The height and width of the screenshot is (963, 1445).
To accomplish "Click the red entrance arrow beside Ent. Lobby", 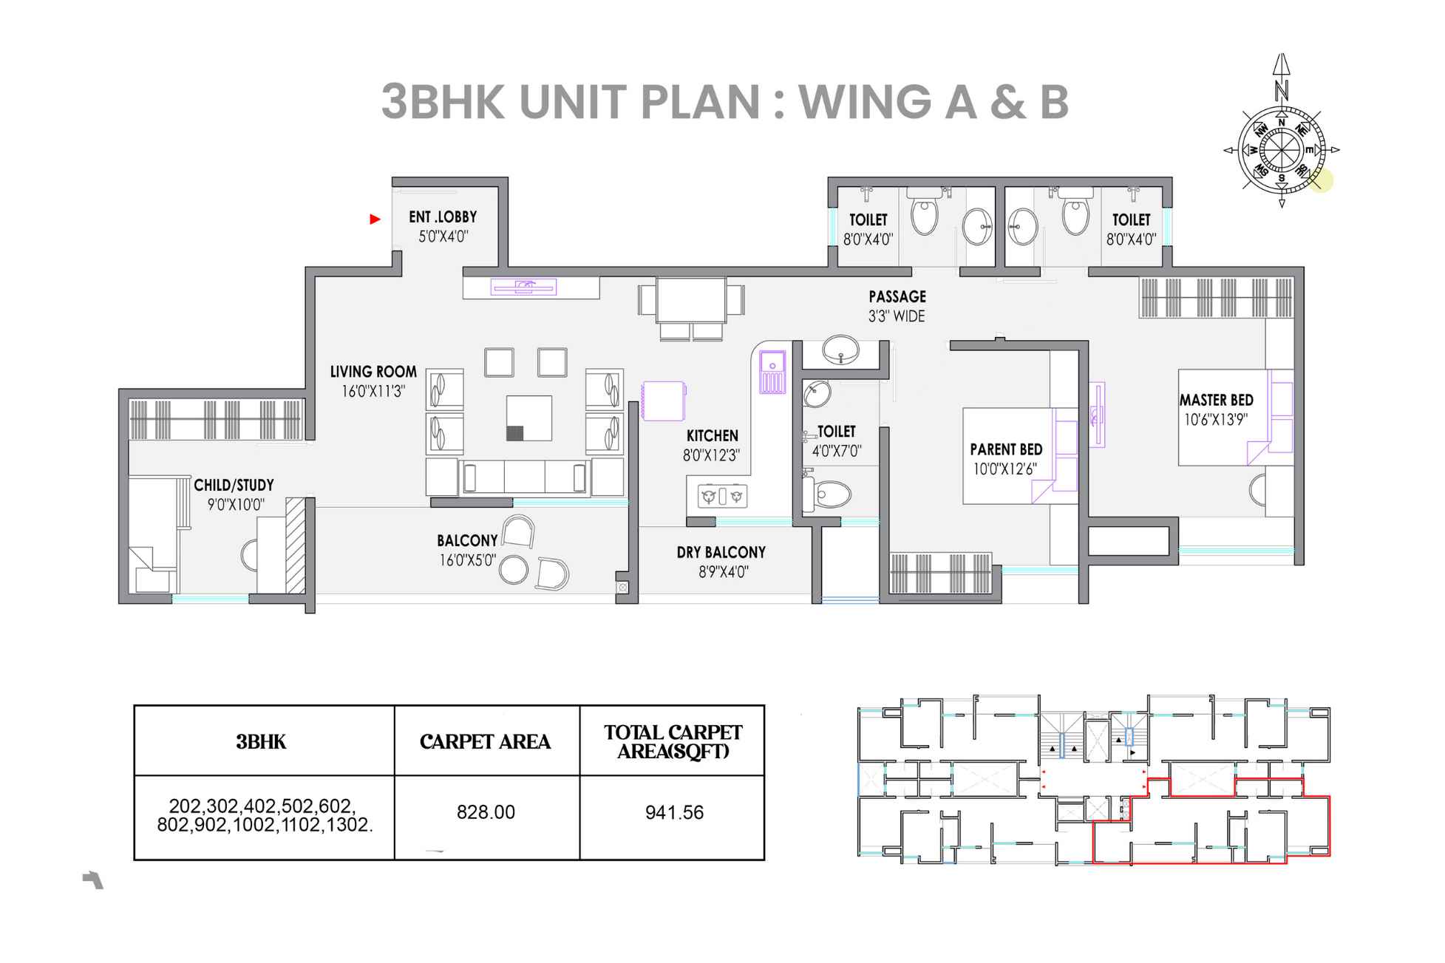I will click(x=375, y=219).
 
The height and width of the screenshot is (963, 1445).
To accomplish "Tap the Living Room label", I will click(x=373, y=372).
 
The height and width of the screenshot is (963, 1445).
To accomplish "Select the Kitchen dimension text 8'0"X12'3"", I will click(x=711, y=455).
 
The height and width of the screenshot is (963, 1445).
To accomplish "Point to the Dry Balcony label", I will click(x=721, y=552).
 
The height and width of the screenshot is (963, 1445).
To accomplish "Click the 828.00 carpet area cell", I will click(x=486, y=812).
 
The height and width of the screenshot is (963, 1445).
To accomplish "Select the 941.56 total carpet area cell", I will click(x=673, y=812).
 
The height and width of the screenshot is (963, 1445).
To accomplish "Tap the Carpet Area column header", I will click(x=485, y=741).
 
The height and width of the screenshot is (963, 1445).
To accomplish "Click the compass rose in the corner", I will click(x=1281, y=150).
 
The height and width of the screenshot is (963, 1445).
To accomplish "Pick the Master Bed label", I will click(x=1216, y=400).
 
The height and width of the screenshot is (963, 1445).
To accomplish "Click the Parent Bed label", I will click(x=1005, y=449).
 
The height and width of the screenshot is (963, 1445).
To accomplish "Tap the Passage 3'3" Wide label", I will click(x=897, y=306).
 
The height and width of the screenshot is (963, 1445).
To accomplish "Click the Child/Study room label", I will click(x=234, y=486).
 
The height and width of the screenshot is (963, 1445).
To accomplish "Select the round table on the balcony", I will click(x=514, y=570).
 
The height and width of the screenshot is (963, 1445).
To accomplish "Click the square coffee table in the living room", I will click(x=528, y=418).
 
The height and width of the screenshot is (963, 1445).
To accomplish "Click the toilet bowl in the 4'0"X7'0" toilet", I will click(x=829, y=494).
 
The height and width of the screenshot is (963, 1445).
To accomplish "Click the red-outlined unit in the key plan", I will click(x=1212, y=828).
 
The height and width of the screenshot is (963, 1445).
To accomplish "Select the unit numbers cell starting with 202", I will click(x=264, y=816).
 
